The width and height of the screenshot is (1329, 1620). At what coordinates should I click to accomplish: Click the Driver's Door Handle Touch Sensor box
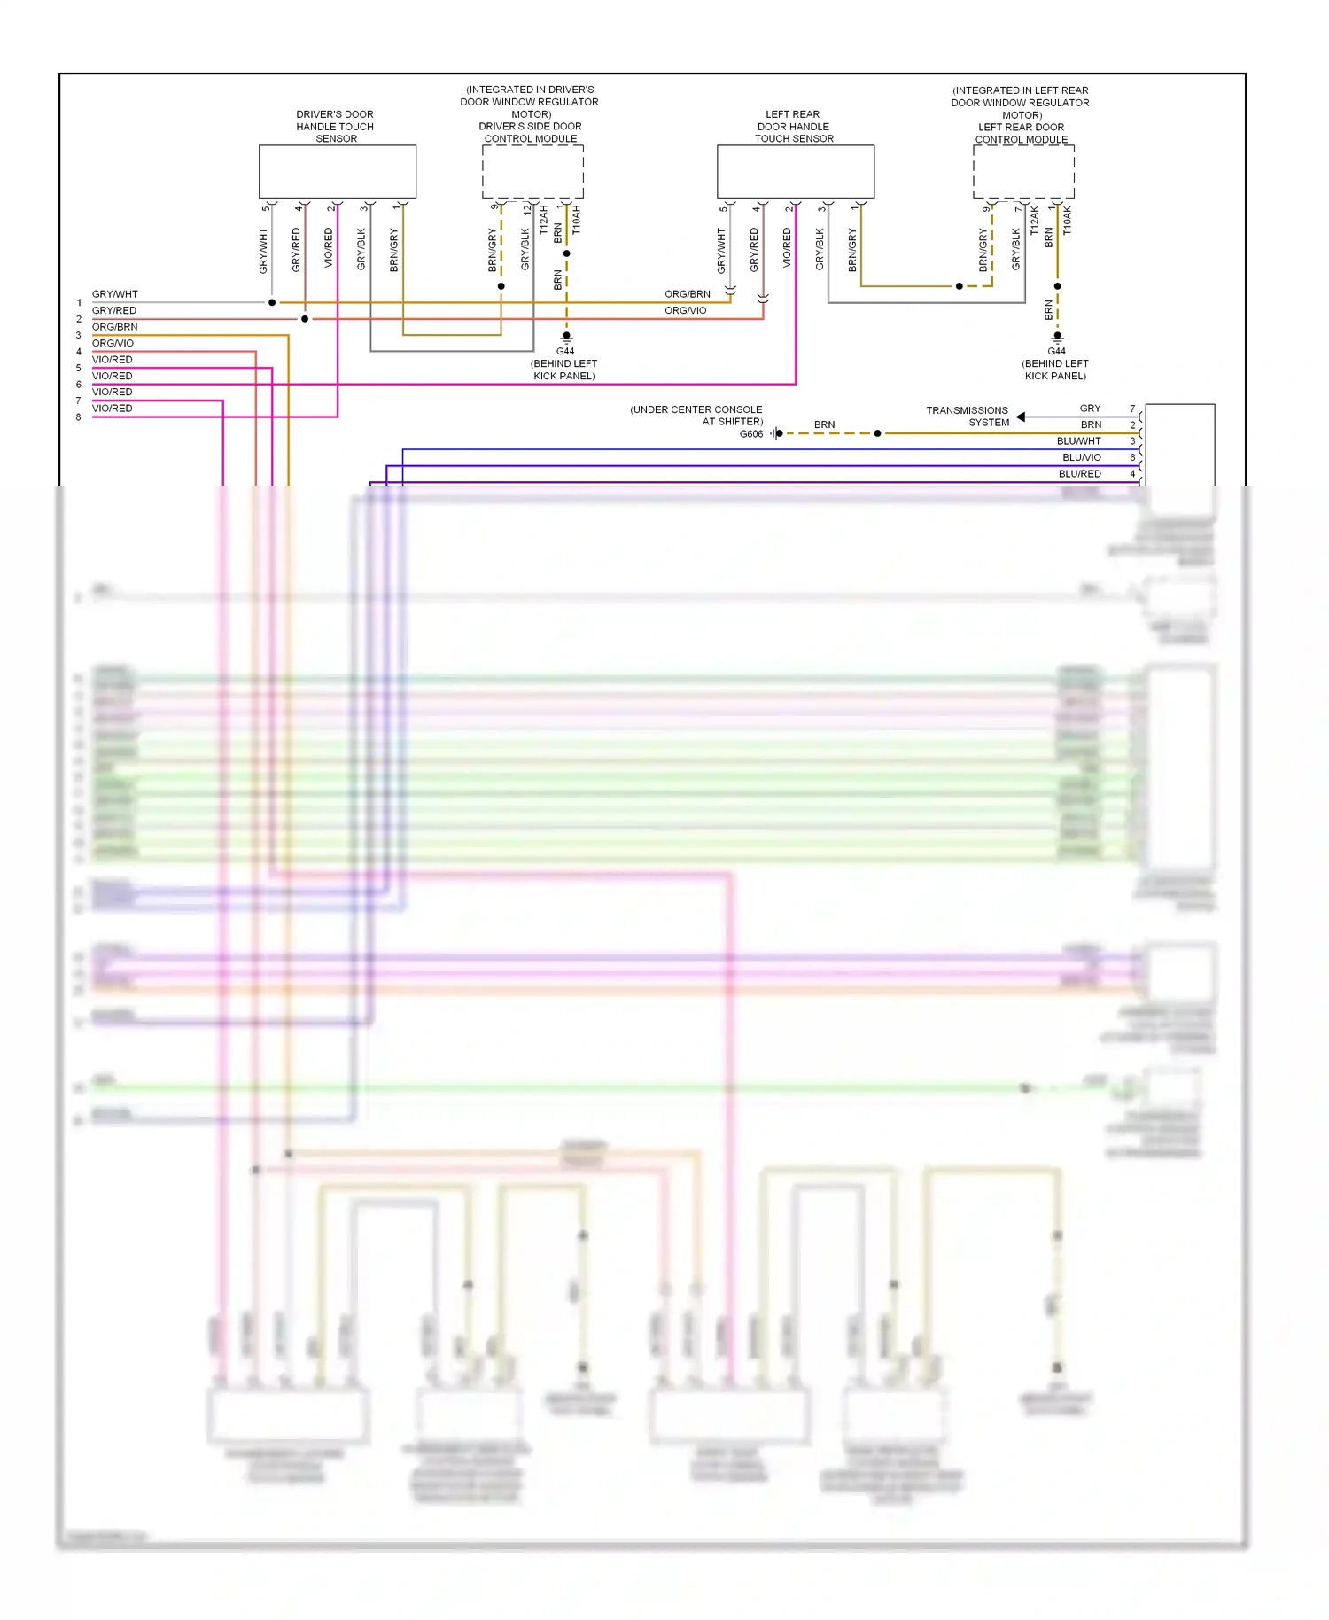(x=337, y=171)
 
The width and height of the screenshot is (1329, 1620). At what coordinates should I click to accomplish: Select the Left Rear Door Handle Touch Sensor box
(x=795, y=171)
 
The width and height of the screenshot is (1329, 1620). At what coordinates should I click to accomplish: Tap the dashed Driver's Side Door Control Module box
(x=532, y=171)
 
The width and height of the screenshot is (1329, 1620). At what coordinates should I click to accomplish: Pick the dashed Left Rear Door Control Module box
(x=1023, y=172)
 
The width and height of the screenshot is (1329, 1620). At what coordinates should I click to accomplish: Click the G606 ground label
(x=751, y=434)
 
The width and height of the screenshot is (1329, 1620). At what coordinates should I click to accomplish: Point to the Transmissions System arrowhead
(x=1021, y=417)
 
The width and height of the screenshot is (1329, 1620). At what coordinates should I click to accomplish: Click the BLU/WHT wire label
(x=1078, y=441)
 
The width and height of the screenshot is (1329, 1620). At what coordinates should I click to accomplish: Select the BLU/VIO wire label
(x=1081, y=457)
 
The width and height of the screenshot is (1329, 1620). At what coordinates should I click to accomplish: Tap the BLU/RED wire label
(x=1079, y=474)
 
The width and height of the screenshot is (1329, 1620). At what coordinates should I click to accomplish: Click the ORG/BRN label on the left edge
(x=115, y=327)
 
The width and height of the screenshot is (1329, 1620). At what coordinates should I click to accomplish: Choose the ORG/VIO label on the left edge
(x=113, y=344)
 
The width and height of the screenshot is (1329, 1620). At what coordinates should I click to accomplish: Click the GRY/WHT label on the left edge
(x=115, y=294)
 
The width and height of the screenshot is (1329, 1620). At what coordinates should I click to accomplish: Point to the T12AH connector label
(x=543, y=220)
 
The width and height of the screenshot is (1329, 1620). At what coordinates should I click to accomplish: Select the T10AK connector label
(x=1067, y=221)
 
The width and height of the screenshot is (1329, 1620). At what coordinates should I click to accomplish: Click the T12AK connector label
(x=1034, y=221)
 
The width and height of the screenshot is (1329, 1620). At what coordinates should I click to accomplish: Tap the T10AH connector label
(x=576, y=220)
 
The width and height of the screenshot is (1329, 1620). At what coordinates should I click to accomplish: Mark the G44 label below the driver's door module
(x=565, y=352)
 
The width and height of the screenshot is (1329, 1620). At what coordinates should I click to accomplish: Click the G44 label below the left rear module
(x=1056, y=352)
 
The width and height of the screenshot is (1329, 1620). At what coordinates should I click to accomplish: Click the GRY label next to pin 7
(x=1090, y=409)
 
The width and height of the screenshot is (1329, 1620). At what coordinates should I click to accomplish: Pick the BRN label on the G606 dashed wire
(x=824, y=425)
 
